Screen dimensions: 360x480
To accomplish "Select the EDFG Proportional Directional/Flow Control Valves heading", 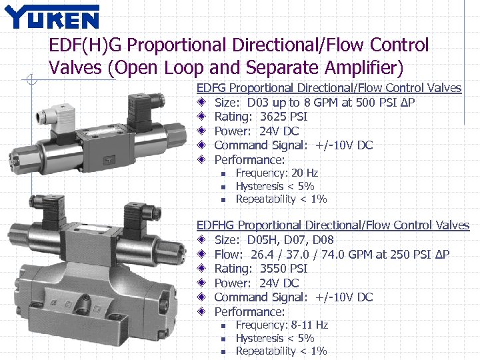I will pos(329,88).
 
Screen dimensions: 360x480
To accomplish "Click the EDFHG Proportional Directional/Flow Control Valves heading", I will pos(333,225).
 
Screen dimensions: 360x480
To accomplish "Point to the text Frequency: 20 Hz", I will pos(277,173).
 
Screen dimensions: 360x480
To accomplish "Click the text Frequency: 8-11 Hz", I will pos(282,325).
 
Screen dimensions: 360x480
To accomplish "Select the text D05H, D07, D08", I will pos(291,240).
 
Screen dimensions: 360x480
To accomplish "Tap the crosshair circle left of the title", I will pos(30,81).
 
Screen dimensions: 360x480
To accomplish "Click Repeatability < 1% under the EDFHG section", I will pos(281,351).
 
